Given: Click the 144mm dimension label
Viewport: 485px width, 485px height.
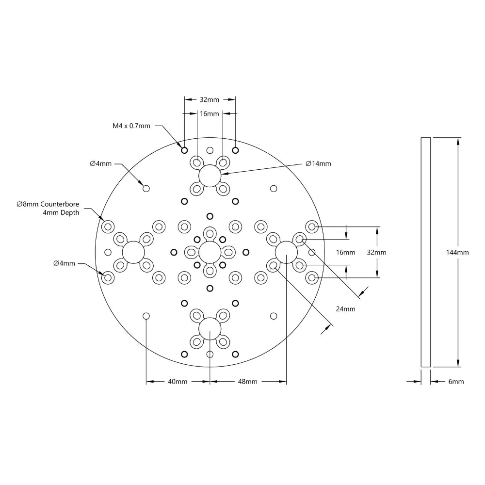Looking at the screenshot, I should point(458,253).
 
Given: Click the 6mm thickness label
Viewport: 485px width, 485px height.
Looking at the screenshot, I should point(456,382).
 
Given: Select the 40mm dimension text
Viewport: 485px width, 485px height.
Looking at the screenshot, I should point(178,382).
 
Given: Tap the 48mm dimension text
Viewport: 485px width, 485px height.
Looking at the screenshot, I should point(247,382).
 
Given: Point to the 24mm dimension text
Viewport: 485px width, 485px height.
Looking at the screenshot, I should point(345,308).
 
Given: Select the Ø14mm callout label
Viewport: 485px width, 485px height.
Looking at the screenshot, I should point(318,163).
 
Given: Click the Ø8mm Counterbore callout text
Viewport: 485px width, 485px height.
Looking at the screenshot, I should point(48,204).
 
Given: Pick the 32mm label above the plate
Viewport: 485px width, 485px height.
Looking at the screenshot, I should point(210,99).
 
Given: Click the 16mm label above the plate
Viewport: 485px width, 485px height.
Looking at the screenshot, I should point(210,113).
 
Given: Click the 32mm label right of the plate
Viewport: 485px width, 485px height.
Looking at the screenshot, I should point(377,252).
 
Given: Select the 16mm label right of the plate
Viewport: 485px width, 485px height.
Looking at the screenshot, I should point(345,252).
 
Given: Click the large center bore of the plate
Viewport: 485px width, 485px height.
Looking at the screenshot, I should point(210,252).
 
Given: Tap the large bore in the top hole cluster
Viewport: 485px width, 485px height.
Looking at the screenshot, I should point(210,175).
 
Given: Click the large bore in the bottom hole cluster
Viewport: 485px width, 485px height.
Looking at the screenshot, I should point(210,329).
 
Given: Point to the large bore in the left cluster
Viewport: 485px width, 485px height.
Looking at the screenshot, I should point(133,252).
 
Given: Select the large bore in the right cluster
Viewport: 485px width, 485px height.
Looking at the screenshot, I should point(286,252).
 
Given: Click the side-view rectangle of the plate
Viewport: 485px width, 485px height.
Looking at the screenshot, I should point(425,252).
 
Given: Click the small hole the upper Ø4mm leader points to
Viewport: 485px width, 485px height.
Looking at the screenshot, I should point(146,188).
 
